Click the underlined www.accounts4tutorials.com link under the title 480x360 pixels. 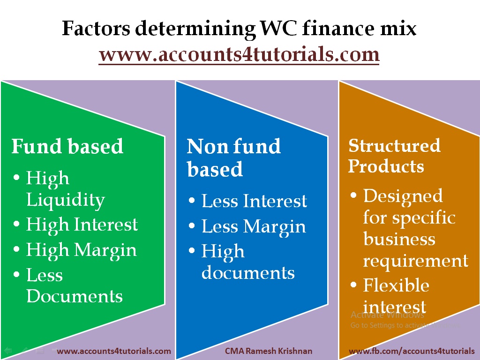pyautogui.click(x=239, y=54)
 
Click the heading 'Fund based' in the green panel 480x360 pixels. pyautogui.click(x=67, y=146)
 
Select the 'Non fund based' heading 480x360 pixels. pyautogui.click(x=233, y=158)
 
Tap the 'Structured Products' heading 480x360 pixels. pyautogui.click(x=394, y=156)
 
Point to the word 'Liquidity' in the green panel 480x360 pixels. pyautogui.click(x=65, y=200)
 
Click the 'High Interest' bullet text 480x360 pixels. pyautogui.click(x=82, y=225)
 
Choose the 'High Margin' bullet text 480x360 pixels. pyautogui.click(x=82, y=249)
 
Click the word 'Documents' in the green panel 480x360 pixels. pyautogui.click(x=75, y=296)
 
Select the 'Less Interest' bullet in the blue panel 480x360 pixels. pyautogui.click(x=254, y=201)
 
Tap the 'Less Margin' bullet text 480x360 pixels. pyautogui.click(x=254, y=227)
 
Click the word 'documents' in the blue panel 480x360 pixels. pyautogui.click(x=248, y=272)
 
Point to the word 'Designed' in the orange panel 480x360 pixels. pyautogui.click(x=403, y=195)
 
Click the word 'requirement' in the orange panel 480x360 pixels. pyautogui.click(x=415, y=260)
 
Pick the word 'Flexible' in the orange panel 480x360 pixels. pyautogui.click(x=396, y=285)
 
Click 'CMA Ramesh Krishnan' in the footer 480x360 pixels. pyautogui.click(x=269, y=351)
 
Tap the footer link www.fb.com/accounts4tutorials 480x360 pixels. pyautogui.click(x=412, y=351)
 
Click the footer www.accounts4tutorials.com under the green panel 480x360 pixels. pyautogui.click(x=114, y=351)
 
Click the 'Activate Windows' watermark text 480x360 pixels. pyautogui.click(x=381, y=315)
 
